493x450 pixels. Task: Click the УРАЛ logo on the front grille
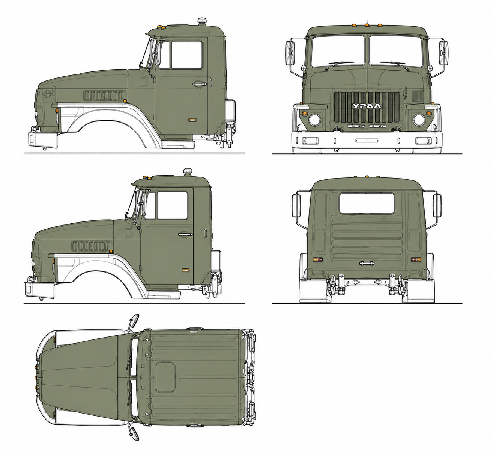[x=367, y=106]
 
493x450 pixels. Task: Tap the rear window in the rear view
[x=367, y=203]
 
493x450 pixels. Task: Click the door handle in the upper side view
[x=200, y=85]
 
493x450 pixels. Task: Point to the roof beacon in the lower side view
[x=188, y=172]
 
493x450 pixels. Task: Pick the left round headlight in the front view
[x=314, y=120]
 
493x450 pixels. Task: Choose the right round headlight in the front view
[x=419, y=120]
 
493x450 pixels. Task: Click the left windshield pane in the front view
[x=338, y=51]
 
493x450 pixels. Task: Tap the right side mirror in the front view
[x=443, y=53]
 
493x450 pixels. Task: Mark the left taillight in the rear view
[x=317, y=259]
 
